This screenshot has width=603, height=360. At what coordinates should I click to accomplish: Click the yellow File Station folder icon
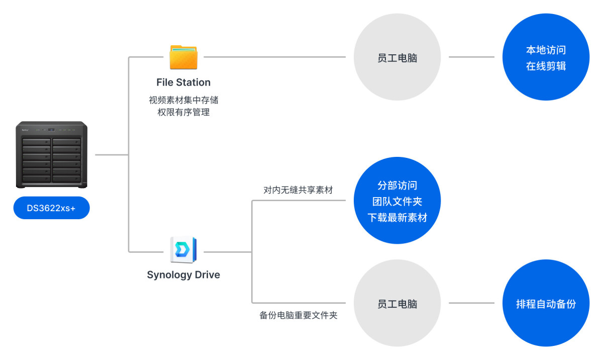183,57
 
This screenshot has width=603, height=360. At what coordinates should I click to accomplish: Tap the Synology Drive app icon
183,249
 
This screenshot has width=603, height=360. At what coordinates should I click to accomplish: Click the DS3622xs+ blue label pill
51,208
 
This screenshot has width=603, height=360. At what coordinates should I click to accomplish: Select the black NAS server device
51,154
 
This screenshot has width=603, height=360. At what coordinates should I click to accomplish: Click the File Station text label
183,82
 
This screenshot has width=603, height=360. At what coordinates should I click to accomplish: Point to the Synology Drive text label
183,275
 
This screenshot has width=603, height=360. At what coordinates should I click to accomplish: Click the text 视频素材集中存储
183,100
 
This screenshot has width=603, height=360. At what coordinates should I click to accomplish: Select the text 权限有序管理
183,112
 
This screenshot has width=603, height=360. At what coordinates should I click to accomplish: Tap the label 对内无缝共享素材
298,191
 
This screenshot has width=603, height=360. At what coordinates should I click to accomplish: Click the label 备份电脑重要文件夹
298,316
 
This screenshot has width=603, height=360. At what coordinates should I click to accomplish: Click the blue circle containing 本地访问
546,57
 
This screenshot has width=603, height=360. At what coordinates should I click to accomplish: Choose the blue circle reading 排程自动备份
546,303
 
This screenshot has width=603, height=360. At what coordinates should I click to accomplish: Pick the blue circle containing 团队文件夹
397,201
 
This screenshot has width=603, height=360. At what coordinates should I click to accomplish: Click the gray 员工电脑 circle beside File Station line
397,58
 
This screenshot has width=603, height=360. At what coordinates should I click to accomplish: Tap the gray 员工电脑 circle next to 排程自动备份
397,304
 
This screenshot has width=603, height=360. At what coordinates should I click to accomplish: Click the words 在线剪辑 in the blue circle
546,66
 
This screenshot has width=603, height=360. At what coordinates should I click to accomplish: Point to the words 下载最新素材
397,218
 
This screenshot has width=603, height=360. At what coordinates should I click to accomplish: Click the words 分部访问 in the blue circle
397,186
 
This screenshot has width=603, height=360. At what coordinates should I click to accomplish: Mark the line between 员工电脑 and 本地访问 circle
471,57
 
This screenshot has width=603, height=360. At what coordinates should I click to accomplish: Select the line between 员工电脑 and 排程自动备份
471,303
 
